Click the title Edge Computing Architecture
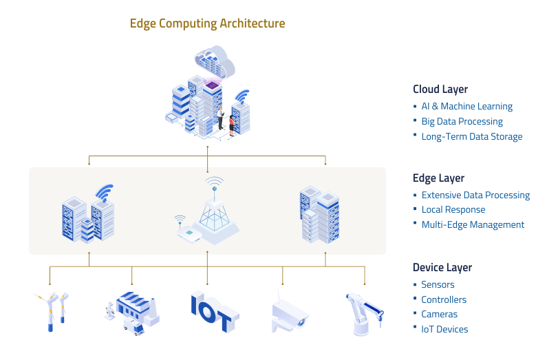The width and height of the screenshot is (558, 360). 207,23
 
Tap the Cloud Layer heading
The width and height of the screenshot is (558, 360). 440,89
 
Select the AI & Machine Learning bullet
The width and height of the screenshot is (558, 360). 466,107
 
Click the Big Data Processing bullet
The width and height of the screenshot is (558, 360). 462,122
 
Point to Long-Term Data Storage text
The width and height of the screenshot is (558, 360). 471,137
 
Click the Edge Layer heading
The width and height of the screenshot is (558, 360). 438,178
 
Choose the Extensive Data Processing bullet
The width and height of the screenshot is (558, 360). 475,195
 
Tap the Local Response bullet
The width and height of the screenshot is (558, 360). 453,210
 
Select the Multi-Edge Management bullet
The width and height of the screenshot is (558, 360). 473,225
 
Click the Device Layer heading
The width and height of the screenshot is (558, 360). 442,268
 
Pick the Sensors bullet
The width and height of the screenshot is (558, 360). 438,285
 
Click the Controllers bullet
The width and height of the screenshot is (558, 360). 444,300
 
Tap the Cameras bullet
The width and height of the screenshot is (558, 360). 439,315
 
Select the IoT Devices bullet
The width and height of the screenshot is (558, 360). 444,330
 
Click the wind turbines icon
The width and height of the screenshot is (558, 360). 52,310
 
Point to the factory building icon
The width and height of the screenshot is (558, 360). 132,313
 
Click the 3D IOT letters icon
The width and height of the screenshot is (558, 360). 214,312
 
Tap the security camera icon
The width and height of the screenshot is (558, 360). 288,314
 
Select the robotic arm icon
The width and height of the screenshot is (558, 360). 363,313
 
